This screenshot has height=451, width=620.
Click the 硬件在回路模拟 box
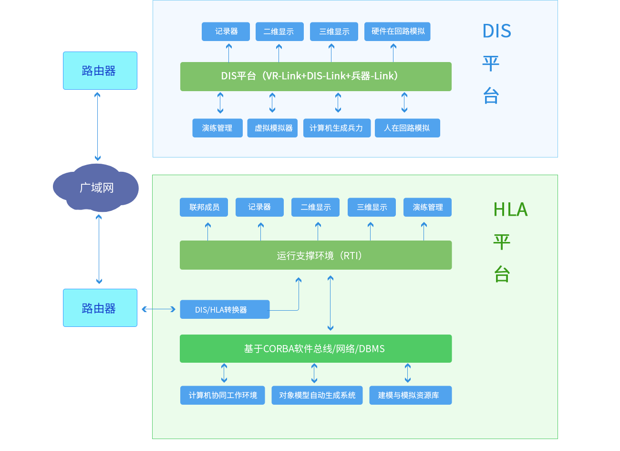[x=397, y=31]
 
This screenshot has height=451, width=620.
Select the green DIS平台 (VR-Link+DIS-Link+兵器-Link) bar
[x=316, y=76]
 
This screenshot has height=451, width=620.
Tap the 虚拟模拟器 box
[x=272, y=128]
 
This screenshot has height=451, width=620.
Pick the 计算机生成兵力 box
[x=337, y=128]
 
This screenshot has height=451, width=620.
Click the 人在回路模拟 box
[x=407, y=128]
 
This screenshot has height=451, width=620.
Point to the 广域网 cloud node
[x=96, y=188]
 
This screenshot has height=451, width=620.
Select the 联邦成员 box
[x=204, y=207]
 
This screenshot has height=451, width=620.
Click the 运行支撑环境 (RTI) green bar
[x=316, y=255]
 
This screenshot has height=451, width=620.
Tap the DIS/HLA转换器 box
[x=225, y=309]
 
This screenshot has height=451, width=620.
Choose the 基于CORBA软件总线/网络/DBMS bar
[x=316, y=349]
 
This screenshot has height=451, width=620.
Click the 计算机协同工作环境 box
[x=222, y=395]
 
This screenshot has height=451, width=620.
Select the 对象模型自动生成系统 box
[x=317, y=395]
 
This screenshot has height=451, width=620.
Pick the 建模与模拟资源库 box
[x=410, y=395]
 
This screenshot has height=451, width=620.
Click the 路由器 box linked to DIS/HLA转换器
[x=100, y=308]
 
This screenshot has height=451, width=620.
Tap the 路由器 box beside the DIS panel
[x=100, y=71]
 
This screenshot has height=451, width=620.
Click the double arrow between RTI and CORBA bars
[x=331, y=303]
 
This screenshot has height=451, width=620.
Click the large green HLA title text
[x=510, y=210]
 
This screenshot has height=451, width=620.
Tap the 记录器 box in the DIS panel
[x=226, y=31]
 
